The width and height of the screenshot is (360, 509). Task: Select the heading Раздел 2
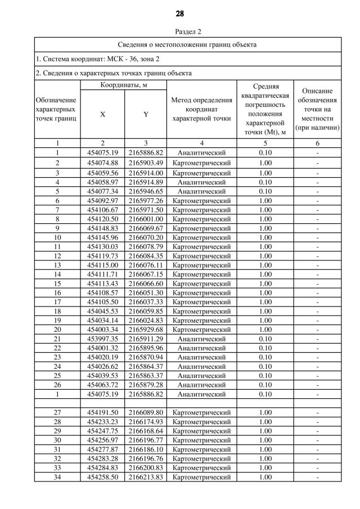tap(180, 31)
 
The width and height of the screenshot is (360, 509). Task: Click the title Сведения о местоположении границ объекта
tap(187, 44)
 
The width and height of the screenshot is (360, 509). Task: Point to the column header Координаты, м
tap(123, 84)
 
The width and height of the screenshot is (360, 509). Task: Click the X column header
tap(102, 114)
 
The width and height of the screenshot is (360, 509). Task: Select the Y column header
tap(146, 114)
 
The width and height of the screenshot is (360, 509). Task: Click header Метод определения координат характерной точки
tap(201, 109)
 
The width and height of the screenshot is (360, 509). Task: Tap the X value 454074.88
tap(102, 163)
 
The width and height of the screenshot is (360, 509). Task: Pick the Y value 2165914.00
tap(146, 173)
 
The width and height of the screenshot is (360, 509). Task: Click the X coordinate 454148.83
tap(102, 229)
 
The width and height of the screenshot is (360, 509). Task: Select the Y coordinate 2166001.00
tap(146, 219)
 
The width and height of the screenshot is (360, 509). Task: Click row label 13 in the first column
tap(57, 265)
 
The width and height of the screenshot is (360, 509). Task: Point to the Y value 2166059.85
tap(146, 311)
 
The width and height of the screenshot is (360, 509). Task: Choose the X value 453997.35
tap(102, 339)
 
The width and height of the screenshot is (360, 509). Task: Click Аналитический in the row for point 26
tap(201, 385)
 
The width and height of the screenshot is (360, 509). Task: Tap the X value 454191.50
tap(102, 412)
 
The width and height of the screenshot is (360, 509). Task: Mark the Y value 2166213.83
tap(146, 477)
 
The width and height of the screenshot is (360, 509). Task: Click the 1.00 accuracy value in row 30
tap(264, 440)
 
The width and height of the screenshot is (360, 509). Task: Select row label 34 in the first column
tap(57, 477)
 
